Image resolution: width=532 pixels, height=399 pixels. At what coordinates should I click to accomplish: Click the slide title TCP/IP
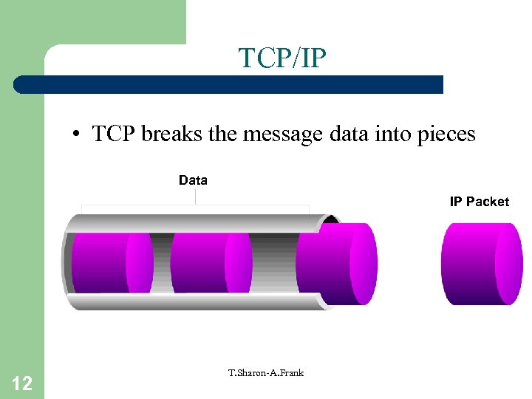282,58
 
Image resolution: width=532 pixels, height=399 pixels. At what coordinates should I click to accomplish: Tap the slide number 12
22,383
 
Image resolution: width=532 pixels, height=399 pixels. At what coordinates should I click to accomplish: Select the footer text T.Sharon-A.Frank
266,372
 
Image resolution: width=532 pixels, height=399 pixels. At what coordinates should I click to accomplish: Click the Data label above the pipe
193,180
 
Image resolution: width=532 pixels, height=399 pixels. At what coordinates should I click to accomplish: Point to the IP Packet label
479,201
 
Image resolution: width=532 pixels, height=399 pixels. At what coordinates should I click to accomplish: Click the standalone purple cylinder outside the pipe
481,263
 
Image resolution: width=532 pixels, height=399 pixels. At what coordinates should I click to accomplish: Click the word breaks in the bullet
166,134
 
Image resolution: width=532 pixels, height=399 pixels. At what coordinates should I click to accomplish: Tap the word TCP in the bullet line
113,134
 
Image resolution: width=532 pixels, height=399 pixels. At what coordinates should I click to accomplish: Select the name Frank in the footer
290,372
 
